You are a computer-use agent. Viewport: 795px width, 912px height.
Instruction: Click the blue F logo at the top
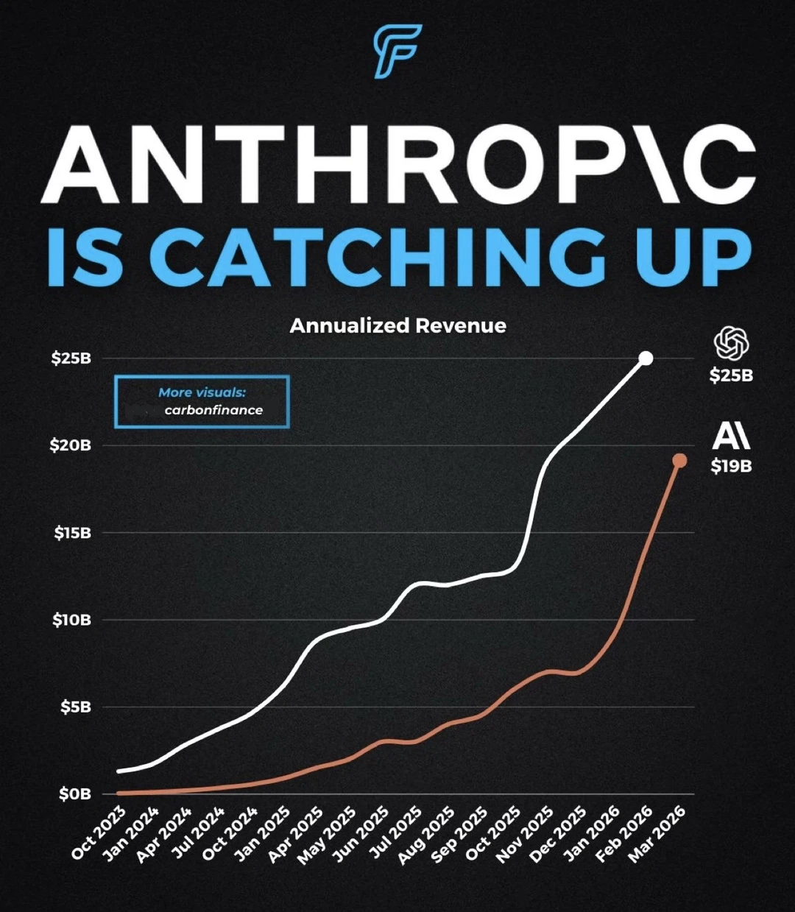[x=397, y=51]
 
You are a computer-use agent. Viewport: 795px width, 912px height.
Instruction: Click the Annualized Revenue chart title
[x=397, y=325]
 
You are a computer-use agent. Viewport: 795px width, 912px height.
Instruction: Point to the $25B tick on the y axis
[x=71, y=358]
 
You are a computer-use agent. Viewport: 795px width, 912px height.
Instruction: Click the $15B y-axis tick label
[x=72, y=532]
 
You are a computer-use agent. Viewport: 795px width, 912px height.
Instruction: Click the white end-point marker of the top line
[x=646, y=358]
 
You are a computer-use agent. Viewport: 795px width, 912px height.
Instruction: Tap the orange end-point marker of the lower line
[x=679, y=461]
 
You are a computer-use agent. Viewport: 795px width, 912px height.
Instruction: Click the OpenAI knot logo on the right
[x=731, y=344]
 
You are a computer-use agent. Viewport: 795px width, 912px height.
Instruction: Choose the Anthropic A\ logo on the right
[x=731, y=436]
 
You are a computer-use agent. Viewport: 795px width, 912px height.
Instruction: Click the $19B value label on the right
[x=731, y=466]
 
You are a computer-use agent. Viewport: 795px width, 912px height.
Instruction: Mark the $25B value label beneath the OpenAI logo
[x=731, y=375]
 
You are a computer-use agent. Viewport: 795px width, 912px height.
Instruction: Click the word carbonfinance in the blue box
[x=213, y=411]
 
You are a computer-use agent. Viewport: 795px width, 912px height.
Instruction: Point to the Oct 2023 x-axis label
[x=99, y=833]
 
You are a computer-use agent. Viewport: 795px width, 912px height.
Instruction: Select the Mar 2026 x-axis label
[x=657, y=833]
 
